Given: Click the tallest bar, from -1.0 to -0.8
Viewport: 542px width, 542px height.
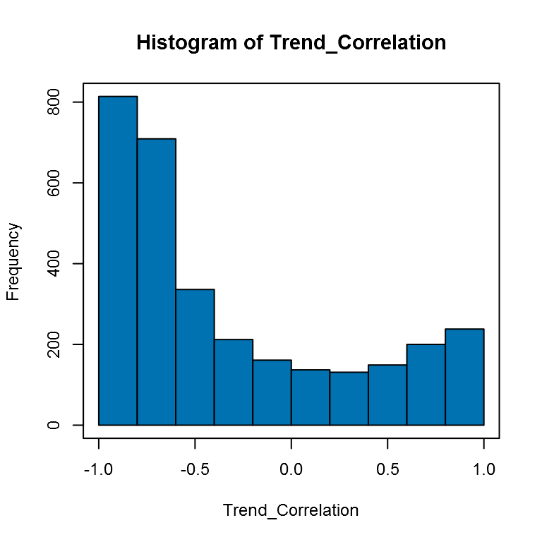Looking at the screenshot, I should coord(118,260).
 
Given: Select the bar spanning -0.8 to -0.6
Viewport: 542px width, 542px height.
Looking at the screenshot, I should coord(157,282).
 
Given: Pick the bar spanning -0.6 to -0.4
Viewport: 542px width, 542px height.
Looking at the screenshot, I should coord(195,357).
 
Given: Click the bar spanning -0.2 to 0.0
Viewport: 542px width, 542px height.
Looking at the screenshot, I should coord(272,392).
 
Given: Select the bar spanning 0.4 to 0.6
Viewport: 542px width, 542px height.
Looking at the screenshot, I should coord(387,395).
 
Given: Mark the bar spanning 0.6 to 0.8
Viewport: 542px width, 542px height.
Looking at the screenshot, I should coord(426,385).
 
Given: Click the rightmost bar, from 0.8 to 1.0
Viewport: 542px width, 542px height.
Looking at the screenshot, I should coord(464,377).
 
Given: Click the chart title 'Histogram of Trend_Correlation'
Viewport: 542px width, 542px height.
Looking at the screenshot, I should coord(291,43).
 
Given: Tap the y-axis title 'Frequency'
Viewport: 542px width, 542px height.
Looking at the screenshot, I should coord(14,262).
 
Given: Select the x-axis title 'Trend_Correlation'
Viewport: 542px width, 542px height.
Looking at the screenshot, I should coord(291,510).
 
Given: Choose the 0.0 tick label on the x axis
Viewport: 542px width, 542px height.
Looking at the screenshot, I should coord(291,469).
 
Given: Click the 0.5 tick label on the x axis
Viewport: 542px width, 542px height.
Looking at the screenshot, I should coord(387,469).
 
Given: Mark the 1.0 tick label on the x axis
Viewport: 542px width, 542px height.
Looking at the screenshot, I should coord(483,469).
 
